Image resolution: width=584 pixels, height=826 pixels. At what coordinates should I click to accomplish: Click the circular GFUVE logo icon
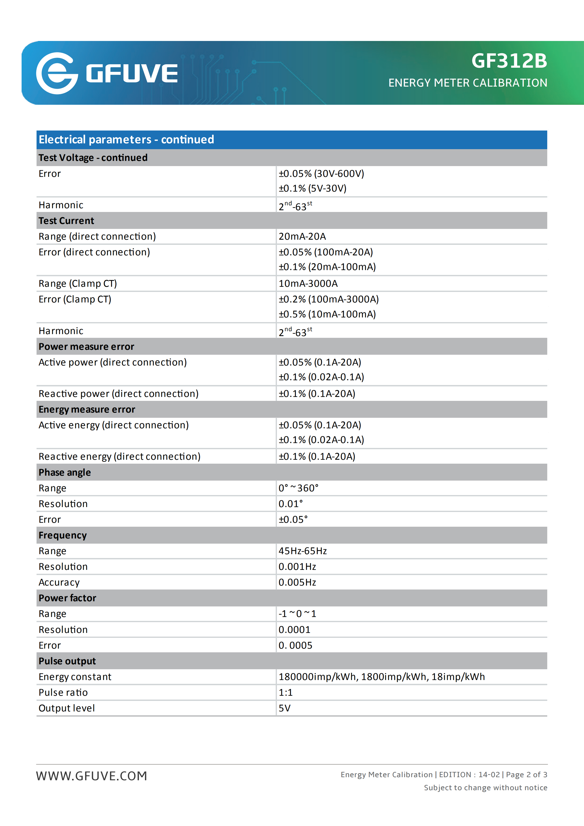57,73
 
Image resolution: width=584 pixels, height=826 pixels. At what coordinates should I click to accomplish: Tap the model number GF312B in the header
509,61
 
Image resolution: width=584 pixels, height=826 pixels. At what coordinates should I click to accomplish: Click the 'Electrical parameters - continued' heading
126,140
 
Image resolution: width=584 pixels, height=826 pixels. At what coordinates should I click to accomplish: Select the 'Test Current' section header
66,221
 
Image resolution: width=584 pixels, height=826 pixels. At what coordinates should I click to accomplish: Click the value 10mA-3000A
308,284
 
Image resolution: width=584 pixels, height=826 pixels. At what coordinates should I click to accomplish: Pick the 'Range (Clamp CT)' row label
78,284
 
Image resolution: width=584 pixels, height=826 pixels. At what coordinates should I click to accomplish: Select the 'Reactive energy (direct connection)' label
119,457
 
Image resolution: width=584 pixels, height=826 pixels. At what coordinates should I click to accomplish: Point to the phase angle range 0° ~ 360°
298,488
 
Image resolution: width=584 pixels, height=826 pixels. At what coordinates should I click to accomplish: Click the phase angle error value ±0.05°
293,520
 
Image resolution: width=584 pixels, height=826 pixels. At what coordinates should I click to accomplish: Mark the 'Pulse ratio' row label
63,693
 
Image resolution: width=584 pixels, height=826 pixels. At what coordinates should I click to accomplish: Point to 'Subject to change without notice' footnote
485,788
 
